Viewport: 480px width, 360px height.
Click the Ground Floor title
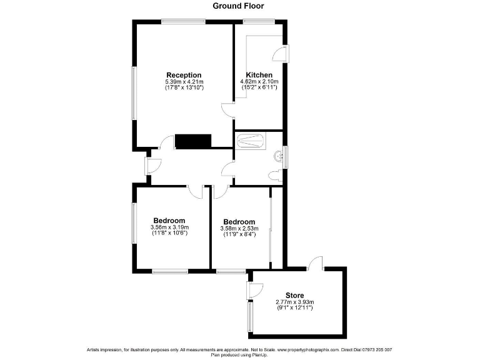click(x=238, y=6)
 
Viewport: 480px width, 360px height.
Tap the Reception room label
click(x=184, y=75)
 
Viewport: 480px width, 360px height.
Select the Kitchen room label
click(x=259, y=75)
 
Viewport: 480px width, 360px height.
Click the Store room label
click(x=294, y=296)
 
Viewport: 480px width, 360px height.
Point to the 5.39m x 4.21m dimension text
click(x=184, y=82)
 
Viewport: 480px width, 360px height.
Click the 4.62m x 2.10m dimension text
click(x=259, y=82)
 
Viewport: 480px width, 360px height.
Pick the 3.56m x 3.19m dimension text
click(x=169, y=227)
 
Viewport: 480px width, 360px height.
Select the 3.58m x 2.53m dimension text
click(x=239, y=229)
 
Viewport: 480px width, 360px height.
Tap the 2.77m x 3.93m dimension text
click(x=294, y=302)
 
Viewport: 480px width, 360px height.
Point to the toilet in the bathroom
click(x=274, y=176)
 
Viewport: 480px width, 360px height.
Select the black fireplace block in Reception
click(x=194, y=141)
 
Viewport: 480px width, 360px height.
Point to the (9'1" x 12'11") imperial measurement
click(x=294, y=309)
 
